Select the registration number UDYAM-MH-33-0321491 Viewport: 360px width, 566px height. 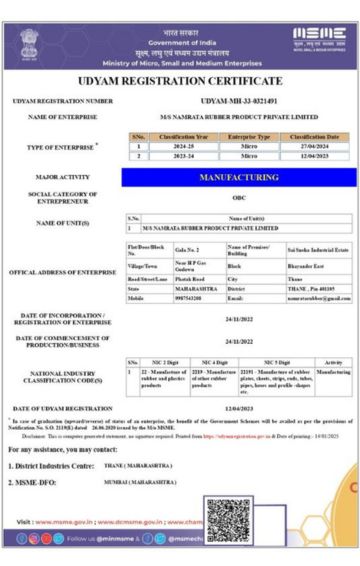[x=238, y=101]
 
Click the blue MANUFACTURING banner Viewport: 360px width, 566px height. [x=239, y=177]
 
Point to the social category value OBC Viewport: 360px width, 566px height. [x=238, y=198]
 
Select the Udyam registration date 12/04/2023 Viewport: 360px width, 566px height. [x=238, y=409]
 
